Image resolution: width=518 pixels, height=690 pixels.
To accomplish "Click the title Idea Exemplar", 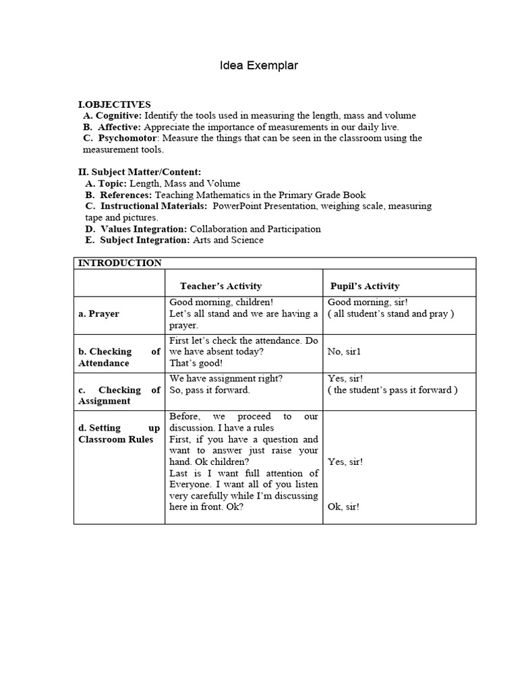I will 259,66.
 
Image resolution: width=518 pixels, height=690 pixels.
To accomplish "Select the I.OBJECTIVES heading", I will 115,104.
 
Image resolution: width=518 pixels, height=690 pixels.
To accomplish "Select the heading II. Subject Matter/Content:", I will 140,172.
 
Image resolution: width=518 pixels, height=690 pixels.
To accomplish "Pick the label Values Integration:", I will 143,228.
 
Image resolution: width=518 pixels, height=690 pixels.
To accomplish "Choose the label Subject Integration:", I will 145,240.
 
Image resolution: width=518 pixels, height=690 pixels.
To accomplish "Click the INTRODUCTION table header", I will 120,263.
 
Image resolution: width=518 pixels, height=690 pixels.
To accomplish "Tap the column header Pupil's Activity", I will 364,286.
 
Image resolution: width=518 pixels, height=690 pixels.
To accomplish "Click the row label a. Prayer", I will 99,314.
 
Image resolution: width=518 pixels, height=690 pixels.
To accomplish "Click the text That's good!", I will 196,363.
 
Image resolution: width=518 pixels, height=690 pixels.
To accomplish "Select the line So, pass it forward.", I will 209,390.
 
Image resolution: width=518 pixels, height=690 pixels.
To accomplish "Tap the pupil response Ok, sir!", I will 343,507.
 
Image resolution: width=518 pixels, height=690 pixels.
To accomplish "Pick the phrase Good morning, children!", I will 221,303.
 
